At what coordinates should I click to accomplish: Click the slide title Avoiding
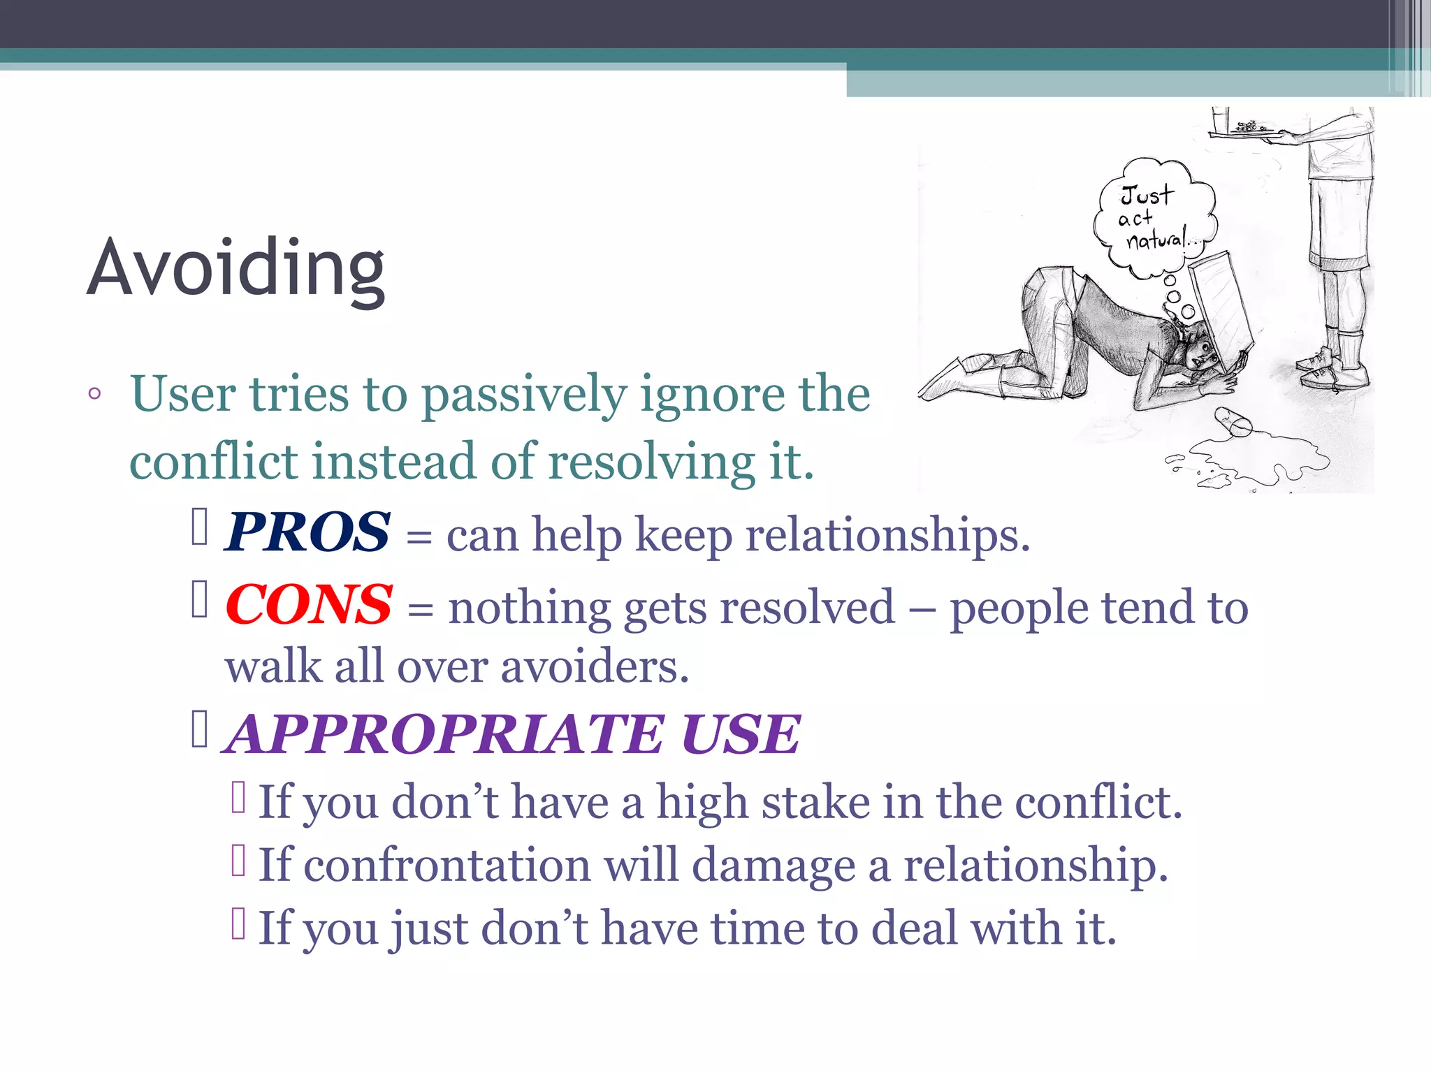click(x=235, y=269)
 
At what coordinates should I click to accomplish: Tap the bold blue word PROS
click(x=307, y=532)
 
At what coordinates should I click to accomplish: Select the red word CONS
click(x=308, y=604)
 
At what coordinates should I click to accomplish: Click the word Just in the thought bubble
click(x=1147, y=195)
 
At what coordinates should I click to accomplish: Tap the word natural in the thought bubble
click(x=1156, y=240)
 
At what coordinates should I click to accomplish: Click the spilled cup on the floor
click(x=1233, y=422)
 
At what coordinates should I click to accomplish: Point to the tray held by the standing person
click(x=1251, y=131)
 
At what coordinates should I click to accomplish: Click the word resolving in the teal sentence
click(x=651, y=462)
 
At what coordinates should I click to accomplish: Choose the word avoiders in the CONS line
click(x=595, y=666)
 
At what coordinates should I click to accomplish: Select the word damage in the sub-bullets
click(x=773, y=866)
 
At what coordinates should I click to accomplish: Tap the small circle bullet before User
click(x=94, y=394)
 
